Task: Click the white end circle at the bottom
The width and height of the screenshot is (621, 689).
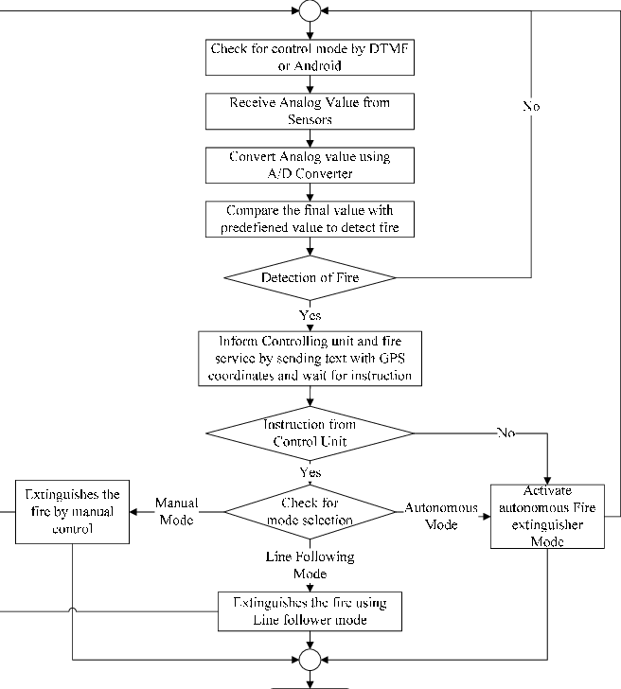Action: (310, 659)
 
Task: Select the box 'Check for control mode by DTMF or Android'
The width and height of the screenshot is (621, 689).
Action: (310, 57)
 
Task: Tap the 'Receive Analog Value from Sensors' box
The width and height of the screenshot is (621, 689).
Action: (310, 111)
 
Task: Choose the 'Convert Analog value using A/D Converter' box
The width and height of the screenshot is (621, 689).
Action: (310, 165)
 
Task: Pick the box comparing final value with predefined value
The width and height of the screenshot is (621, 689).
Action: (310, 219)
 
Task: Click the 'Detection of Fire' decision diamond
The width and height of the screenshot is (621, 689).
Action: (310, 278)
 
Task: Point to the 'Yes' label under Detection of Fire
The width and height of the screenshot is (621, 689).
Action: (310, 314)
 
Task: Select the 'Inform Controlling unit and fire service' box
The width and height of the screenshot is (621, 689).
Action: (310, 358)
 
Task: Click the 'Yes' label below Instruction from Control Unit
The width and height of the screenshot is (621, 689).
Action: (310, 471)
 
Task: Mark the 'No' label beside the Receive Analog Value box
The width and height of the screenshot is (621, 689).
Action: (531, 107)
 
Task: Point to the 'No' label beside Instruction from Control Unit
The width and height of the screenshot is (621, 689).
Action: (506, 433)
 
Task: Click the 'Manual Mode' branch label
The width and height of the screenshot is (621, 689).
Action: (176, 512)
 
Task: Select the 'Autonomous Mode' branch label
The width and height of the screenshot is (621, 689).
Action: (430, 515)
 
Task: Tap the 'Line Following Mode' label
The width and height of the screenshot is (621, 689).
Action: (310, 566)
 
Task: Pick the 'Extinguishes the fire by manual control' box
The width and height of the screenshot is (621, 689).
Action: (72, 512)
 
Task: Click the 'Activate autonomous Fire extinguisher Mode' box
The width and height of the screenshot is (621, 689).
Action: (547, 517)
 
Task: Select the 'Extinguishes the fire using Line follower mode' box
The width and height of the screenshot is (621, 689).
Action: (310, 611)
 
